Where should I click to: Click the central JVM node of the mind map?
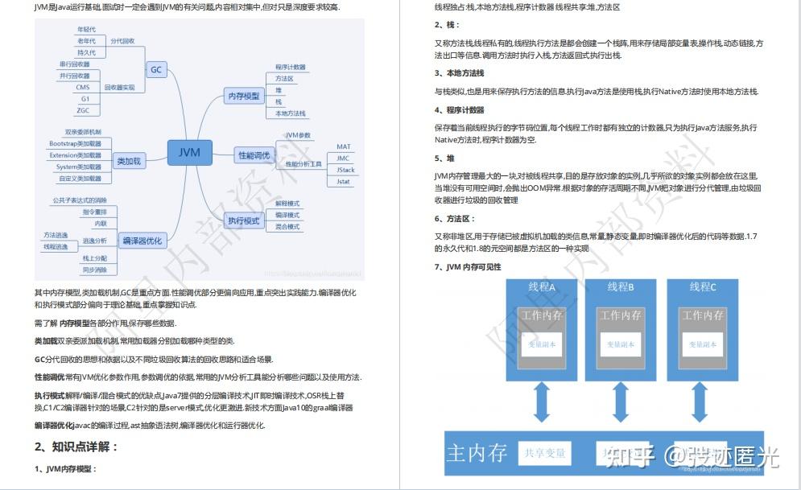coord(189,151)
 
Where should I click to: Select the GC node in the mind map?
coord(156,69)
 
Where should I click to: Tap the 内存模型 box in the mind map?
coord(244,96)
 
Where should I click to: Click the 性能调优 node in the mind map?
coord(254,154)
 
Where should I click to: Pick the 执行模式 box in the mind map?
coord(243,220)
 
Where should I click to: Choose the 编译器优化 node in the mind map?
coord(142,240)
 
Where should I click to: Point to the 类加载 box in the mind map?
coord(129,161)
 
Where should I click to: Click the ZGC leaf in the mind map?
coord(83,109)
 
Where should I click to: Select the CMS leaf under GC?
coord(83,87)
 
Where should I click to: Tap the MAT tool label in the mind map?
coord(344,147)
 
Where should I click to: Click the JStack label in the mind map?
coord(345,170)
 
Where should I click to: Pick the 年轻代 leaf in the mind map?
coord(86,29)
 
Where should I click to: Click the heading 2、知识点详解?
coord(76,447)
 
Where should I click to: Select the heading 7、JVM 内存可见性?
coord(468,267)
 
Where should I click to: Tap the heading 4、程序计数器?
coord(459,110)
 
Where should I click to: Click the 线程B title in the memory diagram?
coord(621,287)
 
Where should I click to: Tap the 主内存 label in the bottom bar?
coord(477,454)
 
